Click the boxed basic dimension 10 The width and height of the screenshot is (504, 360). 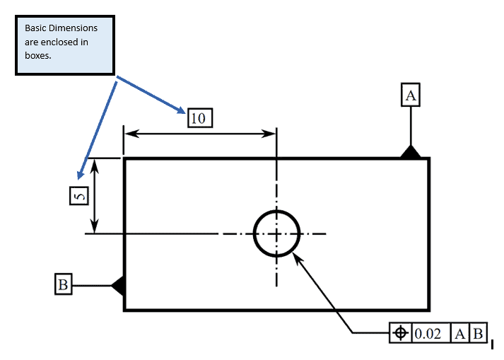click(200, 117)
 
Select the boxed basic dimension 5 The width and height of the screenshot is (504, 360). click(79, 195)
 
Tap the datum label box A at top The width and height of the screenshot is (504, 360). click(411, 95)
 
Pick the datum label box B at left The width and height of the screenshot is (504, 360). click(63, 285)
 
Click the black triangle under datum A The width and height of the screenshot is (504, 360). click(410, 152)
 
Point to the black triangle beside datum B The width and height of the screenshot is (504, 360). click(119, 285)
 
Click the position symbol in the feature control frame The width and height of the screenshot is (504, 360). click(400, 333)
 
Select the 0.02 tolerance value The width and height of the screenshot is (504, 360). click(427, 333)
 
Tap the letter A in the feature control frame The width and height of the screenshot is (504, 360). click(459, 333)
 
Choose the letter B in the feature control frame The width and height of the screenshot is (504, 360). click(478, 333)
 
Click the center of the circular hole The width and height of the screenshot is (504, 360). click(276, 233)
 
